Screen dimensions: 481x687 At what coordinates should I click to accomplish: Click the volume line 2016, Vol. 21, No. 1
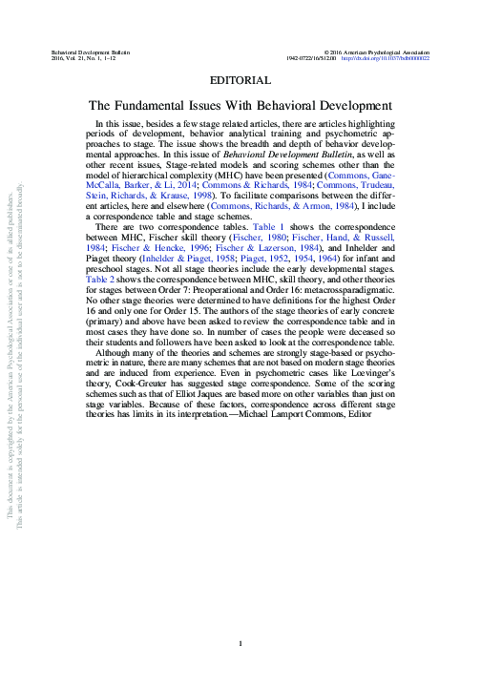(x=81, y=57)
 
